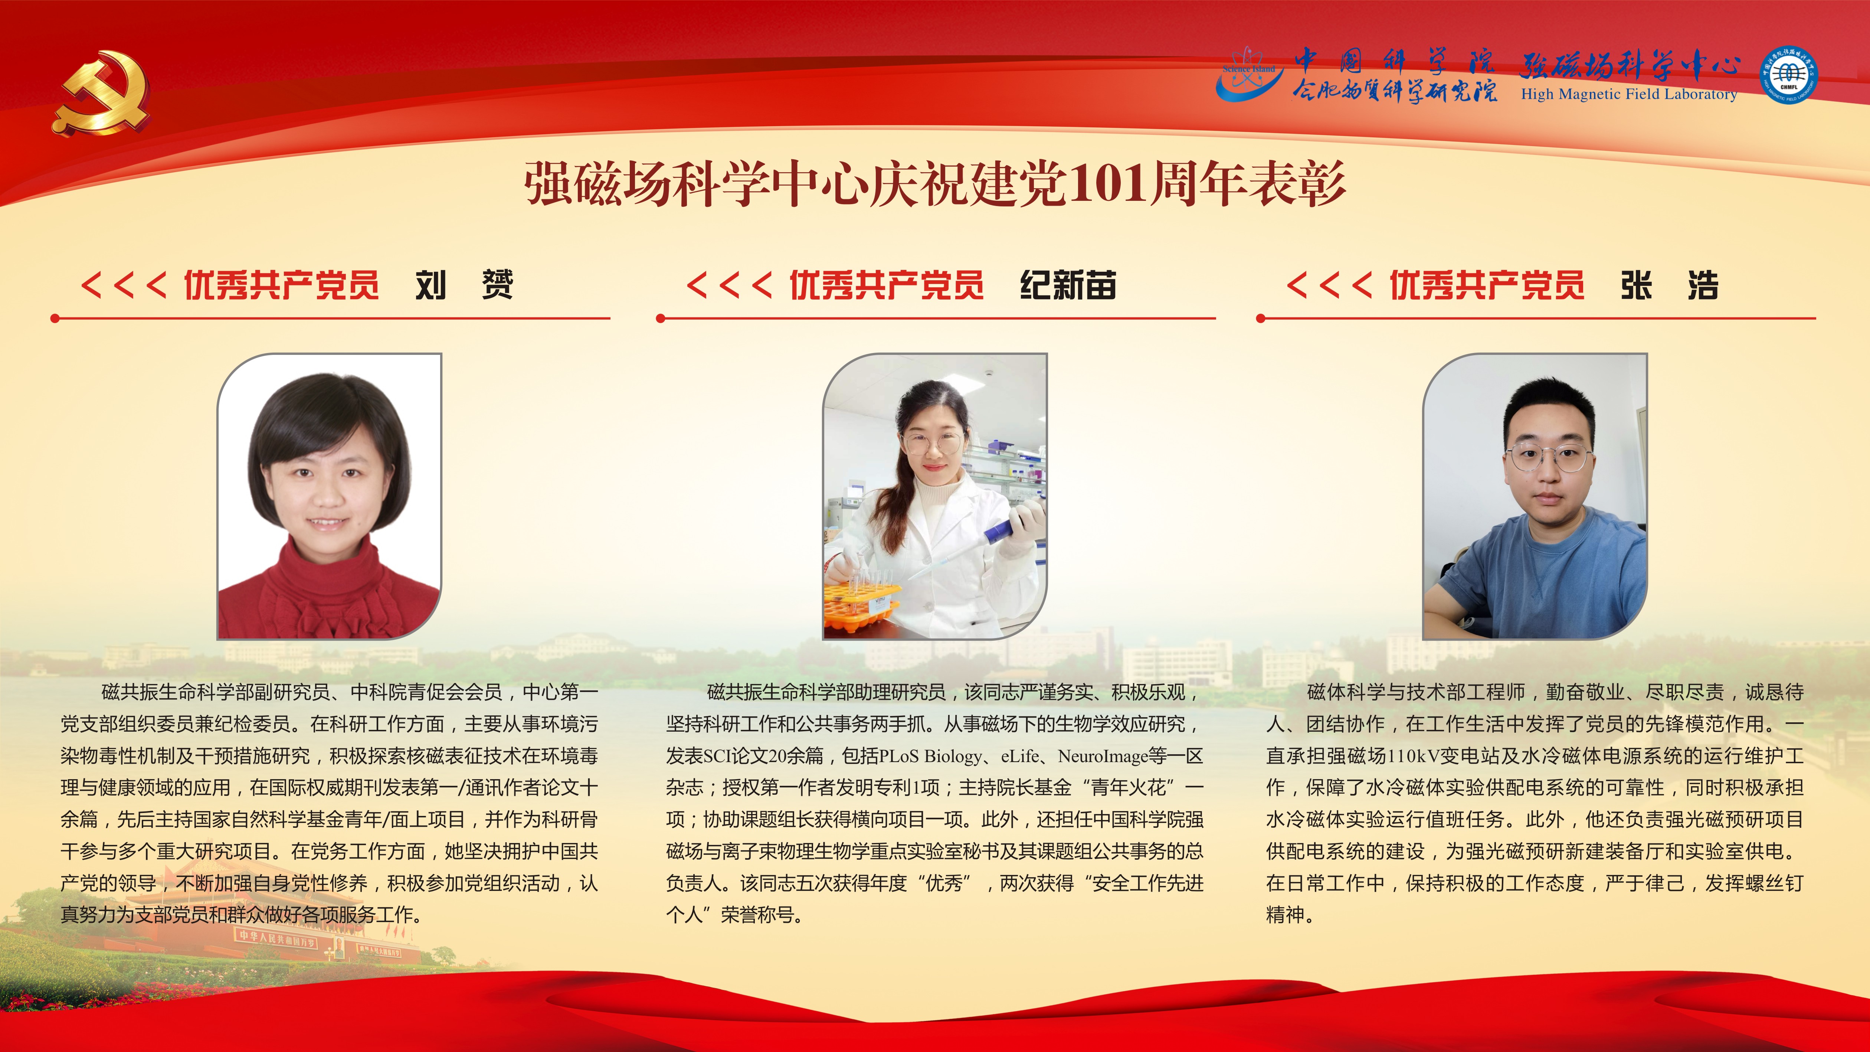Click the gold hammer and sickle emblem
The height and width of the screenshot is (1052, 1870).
(102, 92)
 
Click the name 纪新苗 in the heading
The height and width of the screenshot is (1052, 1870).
(1068, 285)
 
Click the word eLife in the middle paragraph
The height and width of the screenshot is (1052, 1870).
(1020, 756)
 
